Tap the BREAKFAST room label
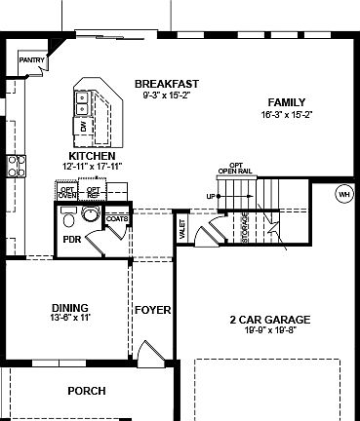(x=168, y=84)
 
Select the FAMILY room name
(x=287, y=102)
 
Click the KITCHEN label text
(x=93, y=156)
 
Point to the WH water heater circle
(x=343, y=194)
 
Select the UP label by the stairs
(x=209, y=197)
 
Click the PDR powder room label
(x=71, y=239)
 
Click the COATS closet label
(x=118, y=219)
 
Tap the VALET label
(x=182, y=229)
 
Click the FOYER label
(x=153, y=310)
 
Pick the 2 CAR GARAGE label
(x=270, y=320)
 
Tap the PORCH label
(x=87, y=391)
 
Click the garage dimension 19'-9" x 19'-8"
(x=270, y=330)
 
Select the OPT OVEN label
(x=67, y=192)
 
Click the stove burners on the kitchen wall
(x=15, y=166)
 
